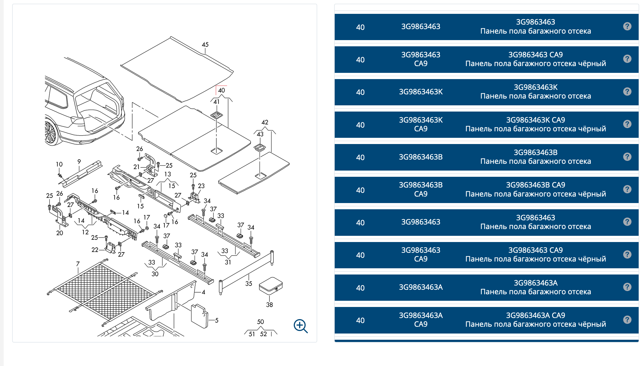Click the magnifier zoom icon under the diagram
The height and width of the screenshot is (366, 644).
tap(301, 326)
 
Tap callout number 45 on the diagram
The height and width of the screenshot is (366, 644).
tap(205, 45)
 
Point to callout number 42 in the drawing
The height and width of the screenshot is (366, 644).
tap(265, 122)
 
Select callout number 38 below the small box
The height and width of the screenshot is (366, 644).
tap(269, 305)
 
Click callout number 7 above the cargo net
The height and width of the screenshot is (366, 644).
tap(78, 264)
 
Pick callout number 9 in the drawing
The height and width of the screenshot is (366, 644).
tap(79, 162)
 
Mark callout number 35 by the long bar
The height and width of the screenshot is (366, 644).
tap(249, 284)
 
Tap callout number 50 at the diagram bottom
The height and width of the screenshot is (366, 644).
tap(260, 322)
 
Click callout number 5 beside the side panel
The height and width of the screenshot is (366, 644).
tap(217, 320)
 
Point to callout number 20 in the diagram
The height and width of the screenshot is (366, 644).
tap(60, 233)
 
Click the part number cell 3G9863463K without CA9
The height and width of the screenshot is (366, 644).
tap(421, 92)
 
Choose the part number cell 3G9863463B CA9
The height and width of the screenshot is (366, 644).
tap(421, 189)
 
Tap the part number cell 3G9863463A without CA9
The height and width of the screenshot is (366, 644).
tap(421, 287)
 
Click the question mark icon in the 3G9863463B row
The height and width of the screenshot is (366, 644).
tap(627, 157)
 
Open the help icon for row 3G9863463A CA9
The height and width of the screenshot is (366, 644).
tap(627, 320)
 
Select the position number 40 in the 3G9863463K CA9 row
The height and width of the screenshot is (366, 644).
tap(360, 125)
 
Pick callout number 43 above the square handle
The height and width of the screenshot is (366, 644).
tap(260, 134)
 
